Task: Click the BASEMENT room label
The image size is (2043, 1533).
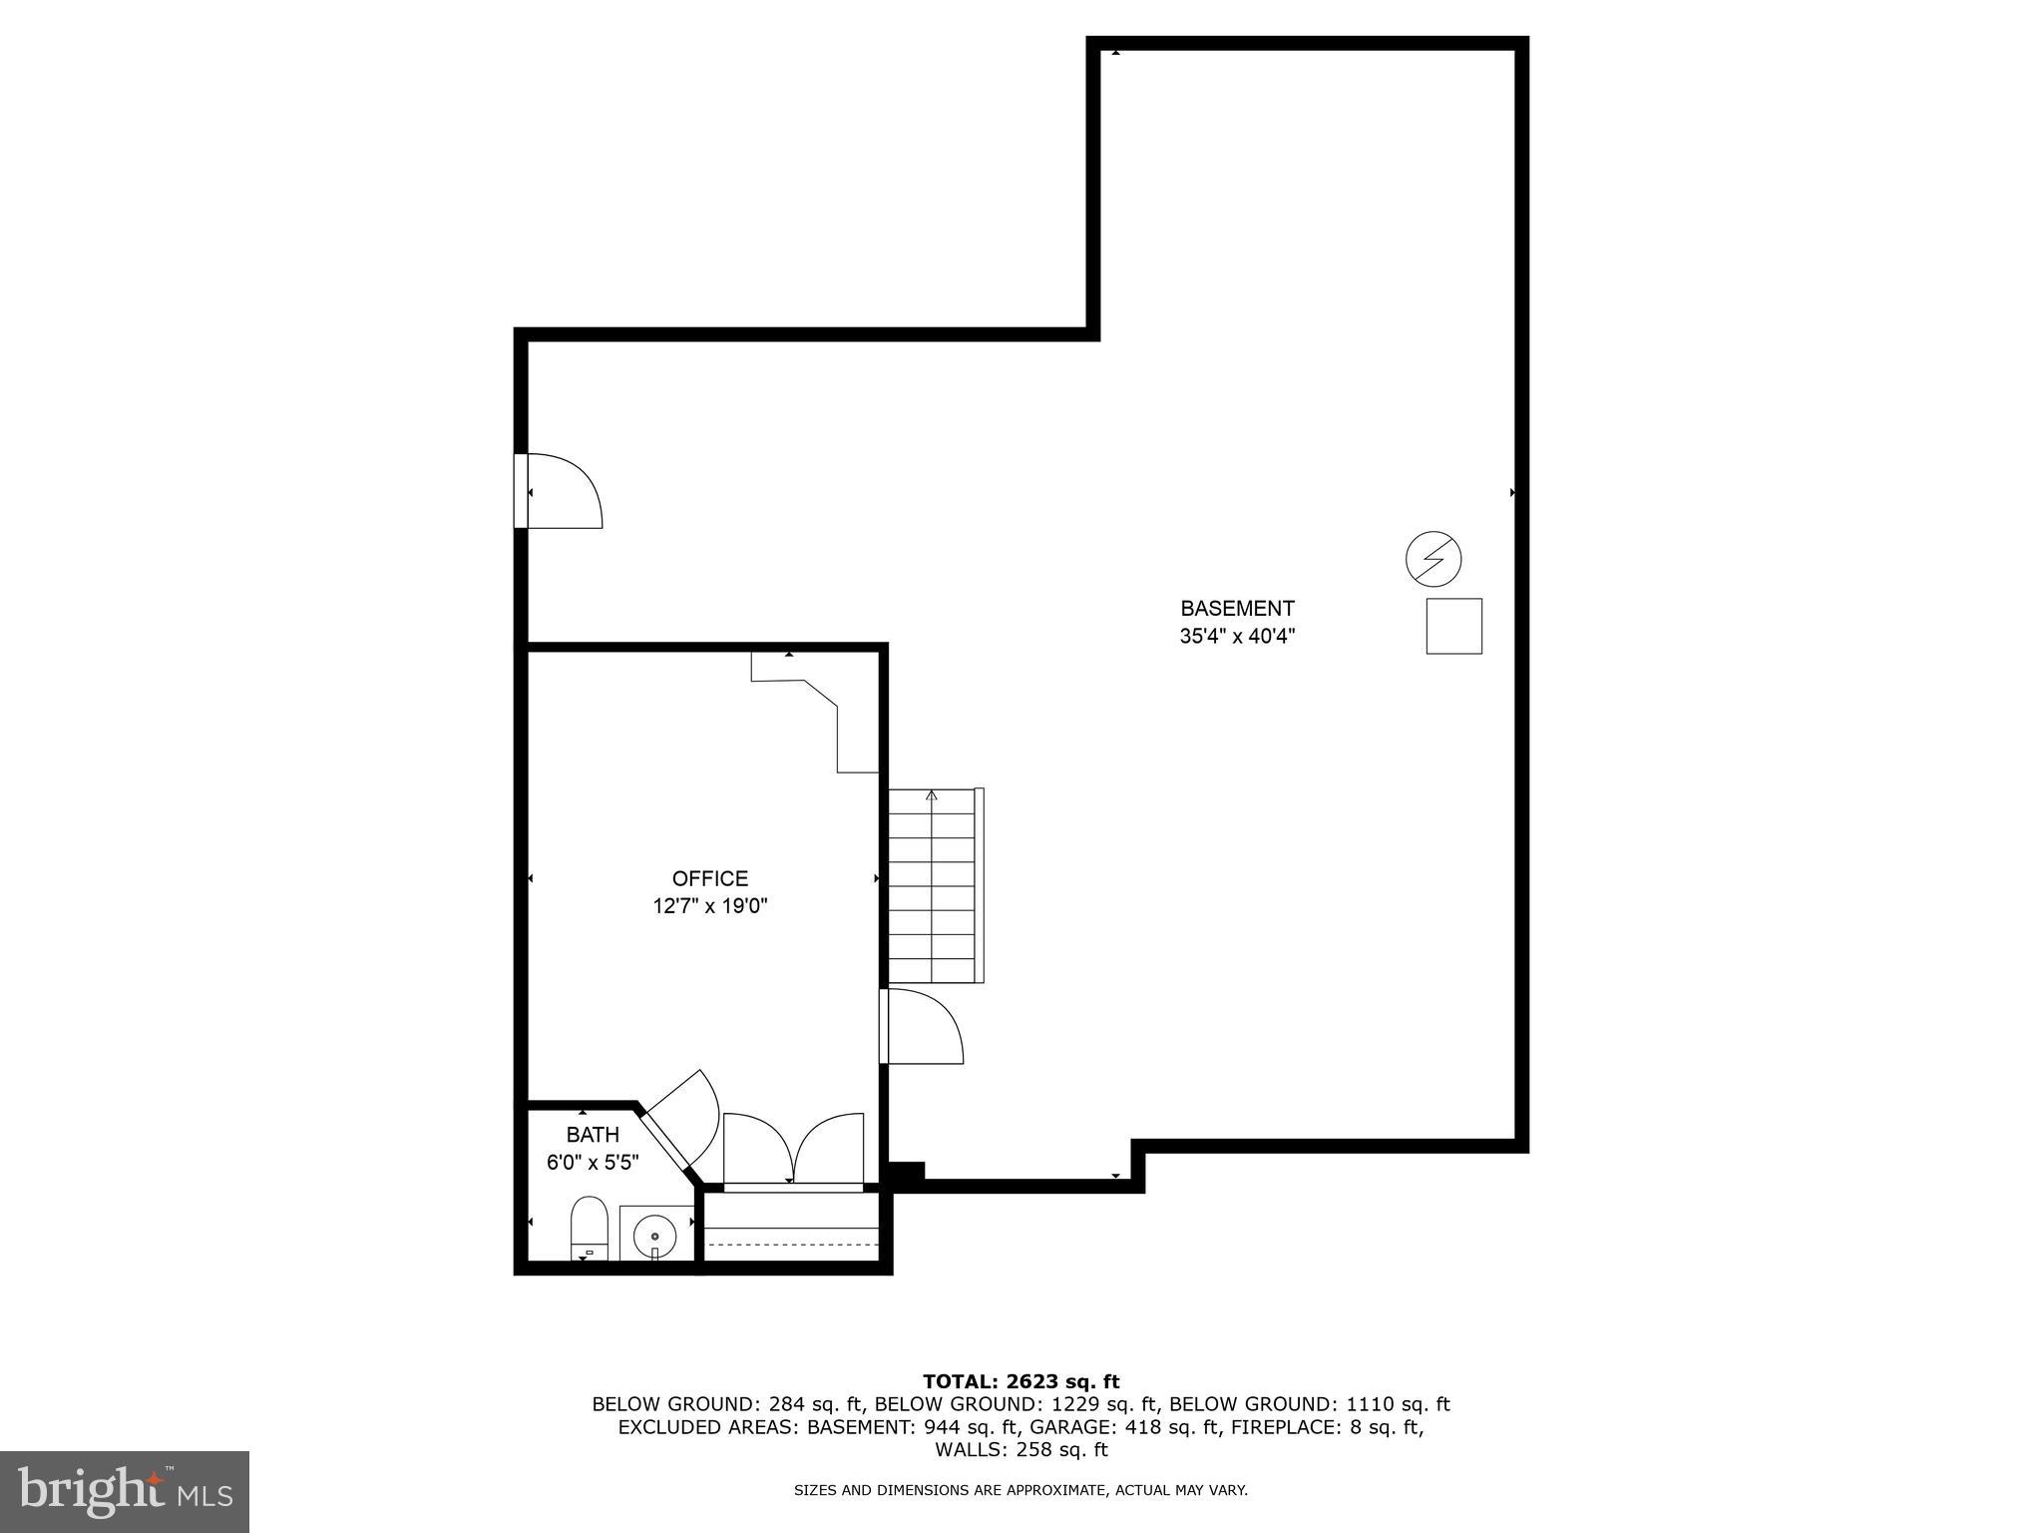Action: point(1237,609)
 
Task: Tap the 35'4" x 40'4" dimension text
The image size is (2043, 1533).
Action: point(1237,637)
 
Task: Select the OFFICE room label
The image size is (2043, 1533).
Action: point(709,878)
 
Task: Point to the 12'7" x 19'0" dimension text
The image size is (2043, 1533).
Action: point(709,906)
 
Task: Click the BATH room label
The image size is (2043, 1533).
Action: point(593,1135)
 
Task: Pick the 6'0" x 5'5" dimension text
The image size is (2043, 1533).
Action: point(593,1163)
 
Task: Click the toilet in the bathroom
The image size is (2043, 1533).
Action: point(589,1230)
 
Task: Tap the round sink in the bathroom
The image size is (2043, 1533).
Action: point(654,1236)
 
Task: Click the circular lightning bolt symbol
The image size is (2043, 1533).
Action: point(1433,559)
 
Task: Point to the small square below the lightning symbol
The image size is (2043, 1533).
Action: point(1453,626)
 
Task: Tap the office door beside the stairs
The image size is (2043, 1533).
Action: point(920,1028)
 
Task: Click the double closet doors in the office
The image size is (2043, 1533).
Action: point(793,1150)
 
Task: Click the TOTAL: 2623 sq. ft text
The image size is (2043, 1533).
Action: point(1021,1381)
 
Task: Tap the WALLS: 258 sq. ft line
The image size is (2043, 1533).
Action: point(1021,1450)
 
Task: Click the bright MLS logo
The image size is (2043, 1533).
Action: point(124,1491)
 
